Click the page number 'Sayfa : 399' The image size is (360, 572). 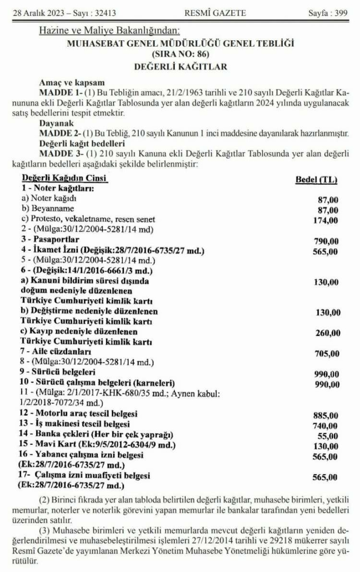(x=328, y=13)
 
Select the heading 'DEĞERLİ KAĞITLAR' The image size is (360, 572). (x=180, y=67)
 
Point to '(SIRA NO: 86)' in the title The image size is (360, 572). (x=180, y=55)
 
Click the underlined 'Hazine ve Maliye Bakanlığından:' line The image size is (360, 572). (x=110, y=31)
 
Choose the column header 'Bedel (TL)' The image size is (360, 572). (x=316, y=180)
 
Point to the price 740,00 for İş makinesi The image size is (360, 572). (x=325, y=425)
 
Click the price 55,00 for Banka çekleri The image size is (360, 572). (x=327, y=436)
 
